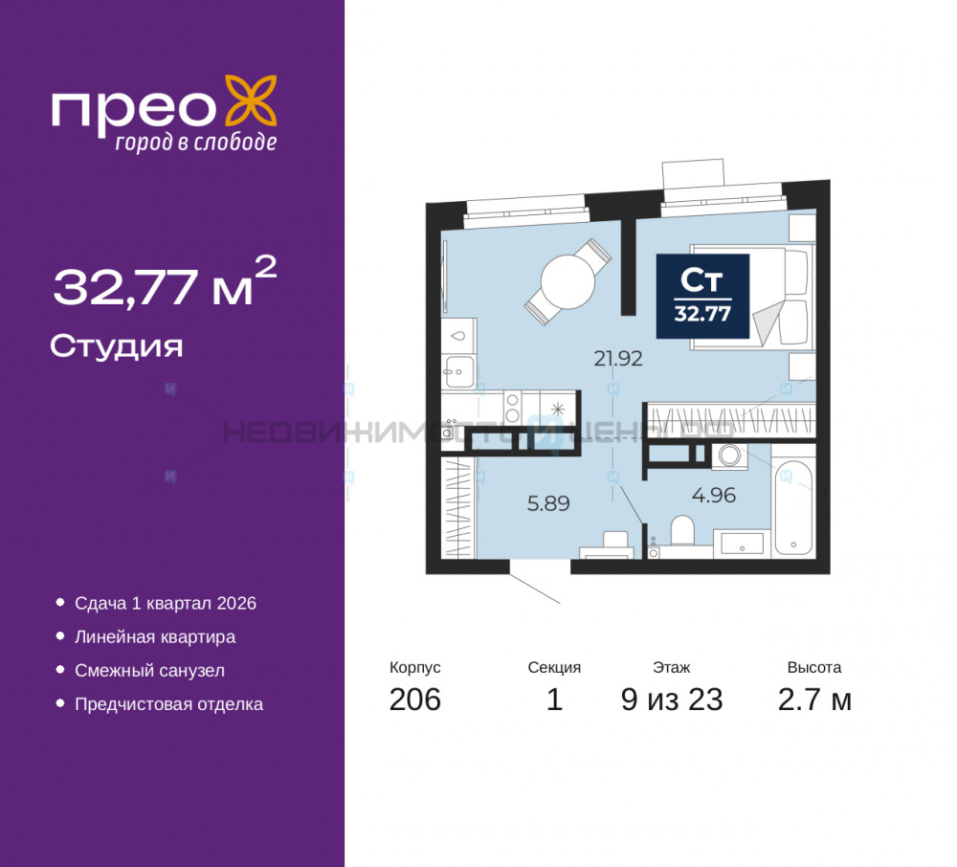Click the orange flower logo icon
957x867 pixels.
tap(252, 101)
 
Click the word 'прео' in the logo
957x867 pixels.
tap(132, 109)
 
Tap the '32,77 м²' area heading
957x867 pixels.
tap(165, 285)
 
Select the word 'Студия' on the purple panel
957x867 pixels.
tap(116, 345)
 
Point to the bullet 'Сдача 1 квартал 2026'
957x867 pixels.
tap(166, 604)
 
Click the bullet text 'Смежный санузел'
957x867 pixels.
tap(149, 671)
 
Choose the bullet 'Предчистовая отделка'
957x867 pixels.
tap(168, 704)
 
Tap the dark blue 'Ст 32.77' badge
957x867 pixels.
tap(701, 296)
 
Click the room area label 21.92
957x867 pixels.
tap(617, 360)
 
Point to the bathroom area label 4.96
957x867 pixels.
tap(713, 496)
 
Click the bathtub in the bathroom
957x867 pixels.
tap(793, 507)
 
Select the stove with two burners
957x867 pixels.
tap(513, 408)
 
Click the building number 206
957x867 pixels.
tap(414, 700)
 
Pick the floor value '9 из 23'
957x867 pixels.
tap(671, 700)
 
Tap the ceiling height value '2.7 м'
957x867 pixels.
tap(814, 700)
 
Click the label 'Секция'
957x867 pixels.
tap(554, 668)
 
